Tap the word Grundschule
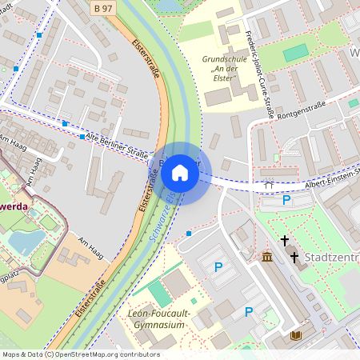pyautogui.click(x=224, y=58)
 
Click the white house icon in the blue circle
pyautogui.click(x=180, y=172)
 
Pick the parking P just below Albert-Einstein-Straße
pyautogui.click(x=286, y=200)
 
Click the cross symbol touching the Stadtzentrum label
pyautogui.click(x=294, y=258)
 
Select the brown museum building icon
pyautogui.click(x=267, y=257)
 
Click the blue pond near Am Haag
pyautogui.click(x=24, y=241)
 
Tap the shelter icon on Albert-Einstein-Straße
pyautogui.click(x=269, y=184)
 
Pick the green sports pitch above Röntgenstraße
pyautogui.click(x=296, y=52)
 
